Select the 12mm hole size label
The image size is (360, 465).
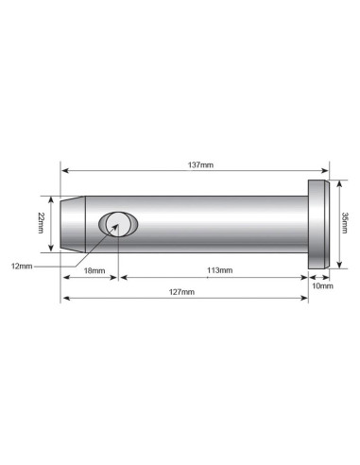point(20,267)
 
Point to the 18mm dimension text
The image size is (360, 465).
point(93,270)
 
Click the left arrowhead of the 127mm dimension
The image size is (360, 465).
point(65,300)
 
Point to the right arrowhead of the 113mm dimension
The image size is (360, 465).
point(305,277)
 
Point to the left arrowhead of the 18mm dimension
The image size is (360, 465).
point(65,277)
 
